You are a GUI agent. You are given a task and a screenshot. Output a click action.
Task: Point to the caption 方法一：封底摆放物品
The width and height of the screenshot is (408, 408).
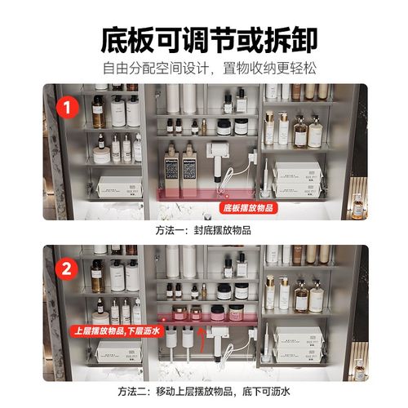(203, 231)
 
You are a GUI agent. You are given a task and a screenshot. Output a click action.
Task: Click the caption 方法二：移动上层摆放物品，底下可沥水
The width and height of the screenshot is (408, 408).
(203, 391)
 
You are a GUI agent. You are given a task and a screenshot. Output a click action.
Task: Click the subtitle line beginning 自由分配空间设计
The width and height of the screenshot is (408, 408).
(203, 68)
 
